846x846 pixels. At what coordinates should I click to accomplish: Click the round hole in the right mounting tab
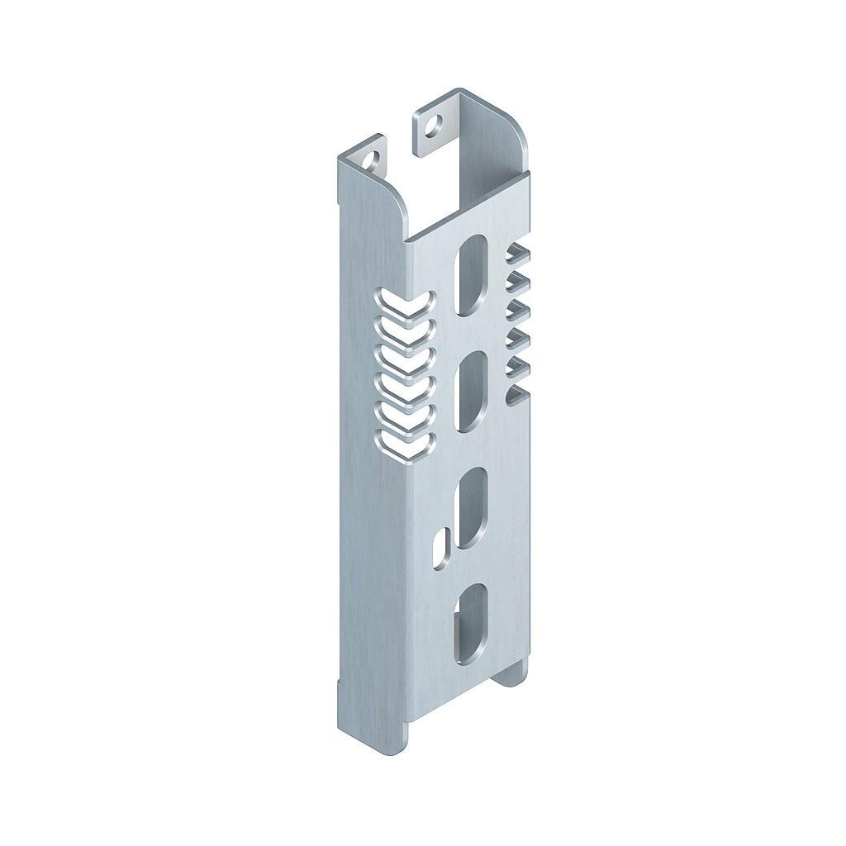(434, 125)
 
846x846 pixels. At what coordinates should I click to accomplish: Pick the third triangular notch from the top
(516, 311)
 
